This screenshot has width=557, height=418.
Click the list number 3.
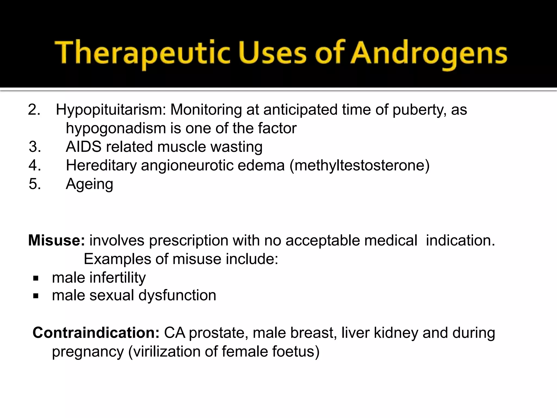[35, 147]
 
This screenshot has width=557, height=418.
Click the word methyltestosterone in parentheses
[359, 165]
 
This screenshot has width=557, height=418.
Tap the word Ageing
[89, 184]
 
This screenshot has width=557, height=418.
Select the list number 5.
[35, 184]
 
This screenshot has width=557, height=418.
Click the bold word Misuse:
[57, 240]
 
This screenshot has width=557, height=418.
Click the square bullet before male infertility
[36, 278]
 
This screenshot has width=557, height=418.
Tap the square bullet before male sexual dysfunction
[36, 296]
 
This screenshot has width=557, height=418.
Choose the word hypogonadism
[116, 129]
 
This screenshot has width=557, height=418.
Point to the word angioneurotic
[187, 165]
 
